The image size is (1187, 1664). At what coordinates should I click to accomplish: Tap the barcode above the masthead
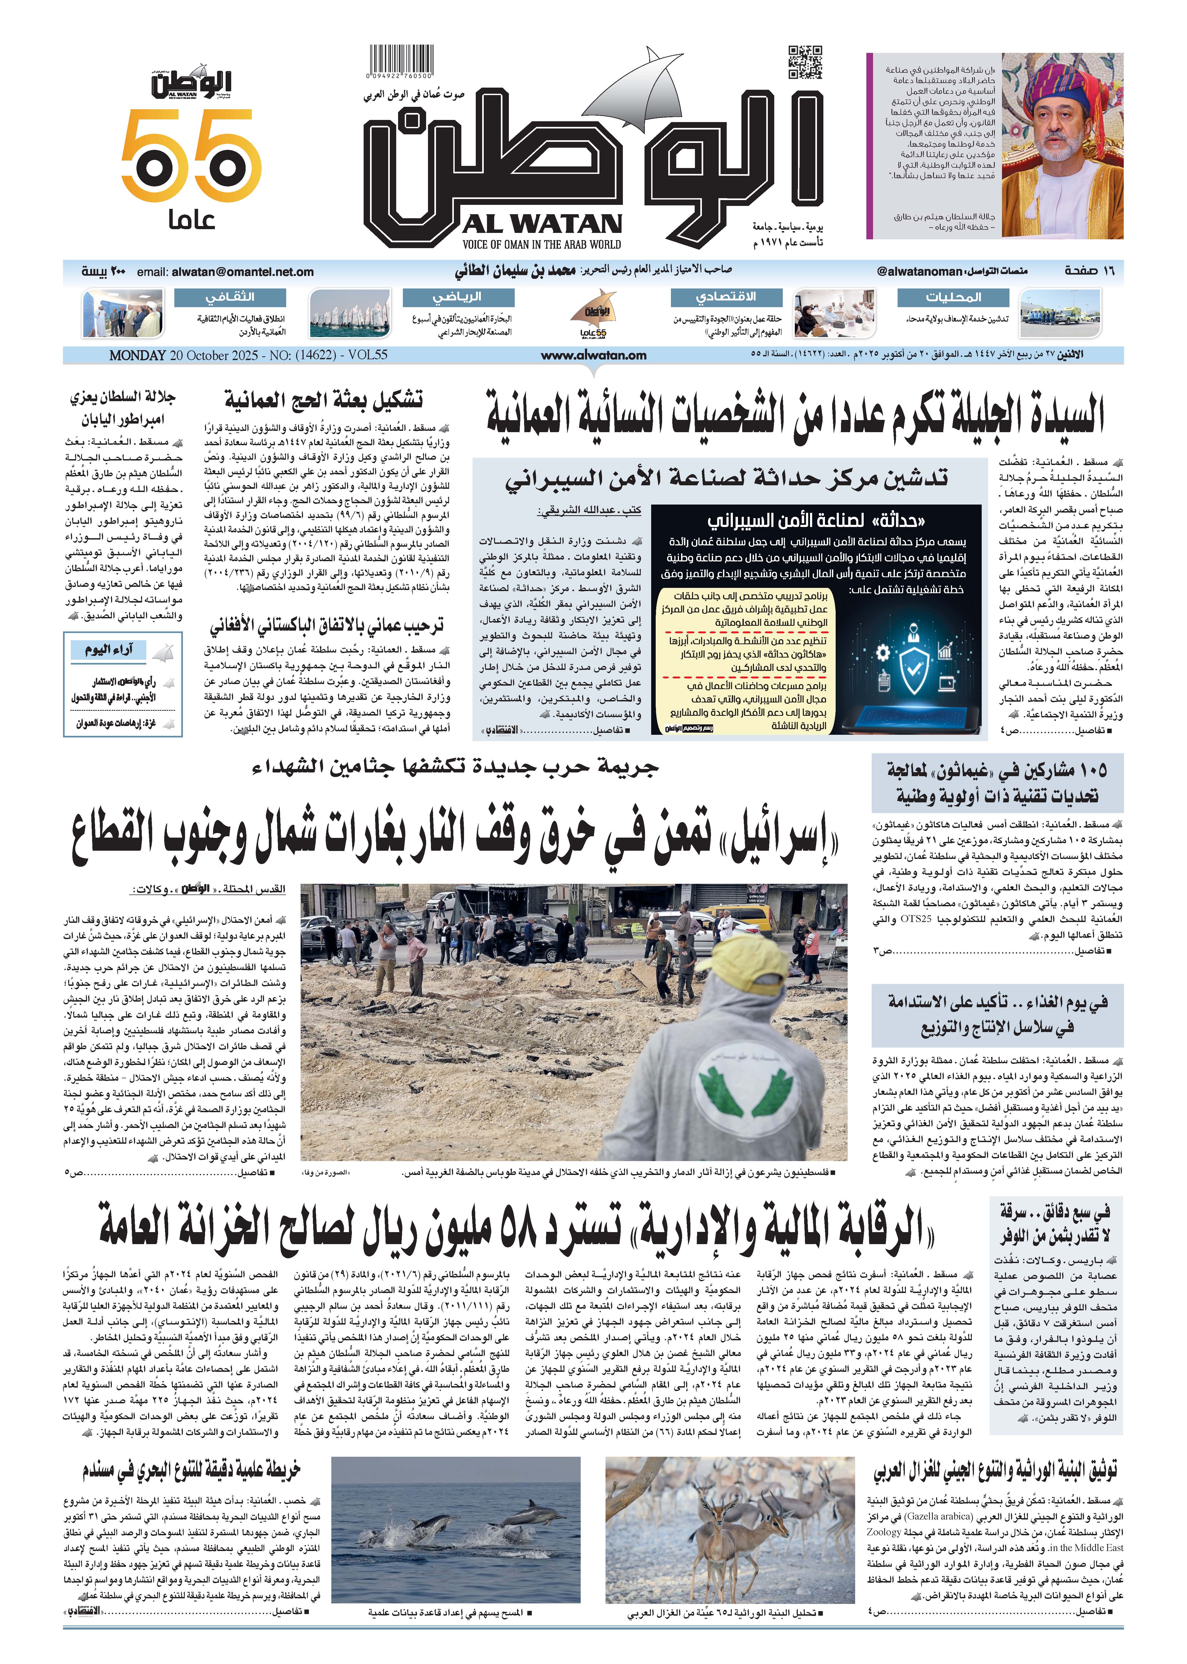[x=400, y=58]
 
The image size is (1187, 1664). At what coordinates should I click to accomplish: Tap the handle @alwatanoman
[x=919, y=271]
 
